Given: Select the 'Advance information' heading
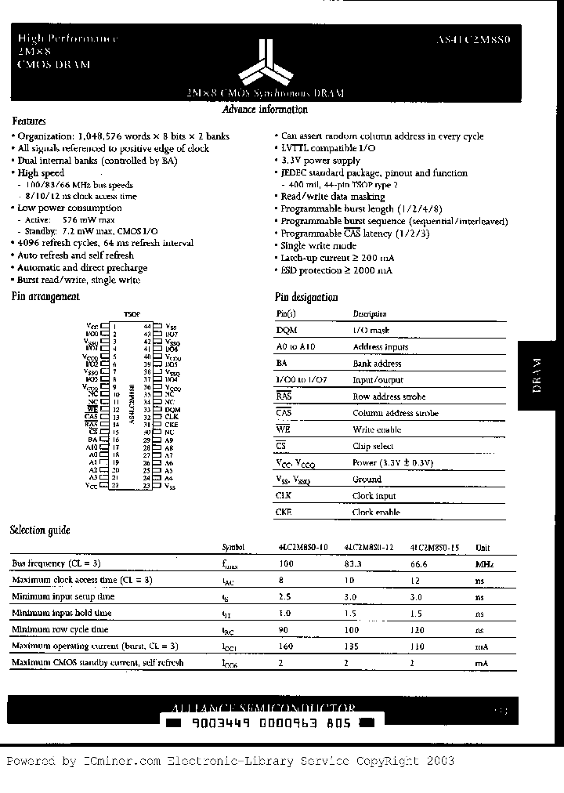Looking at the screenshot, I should click(x=265, y=110).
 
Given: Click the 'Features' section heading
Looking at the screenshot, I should click(x=29, y=121).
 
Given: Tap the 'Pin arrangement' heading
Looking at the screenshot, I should click(x=45, y=296).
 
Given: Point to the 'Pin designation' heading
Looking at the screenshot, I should click(x=306, y=298).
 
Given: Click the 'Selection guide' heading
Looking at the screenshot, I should click(x=40, y=530).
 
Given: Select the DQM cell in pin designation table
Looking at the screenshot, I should click(x=287, y=331).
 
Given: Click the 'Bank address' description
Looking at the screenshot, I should click(x=377, y=364).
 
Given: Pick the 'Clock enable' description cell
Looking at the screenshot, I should click(x=376, y=512).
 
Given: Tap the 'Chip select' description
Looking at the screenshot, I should click(x=373, y=446).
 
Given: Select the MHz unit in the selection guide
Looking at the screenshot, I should click(x=484, y=563).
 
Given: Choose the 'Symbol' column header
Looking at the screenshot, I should click(x=233, y=548).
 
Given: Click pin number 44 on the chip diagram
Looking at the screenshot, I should click(x=146, y=325).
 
